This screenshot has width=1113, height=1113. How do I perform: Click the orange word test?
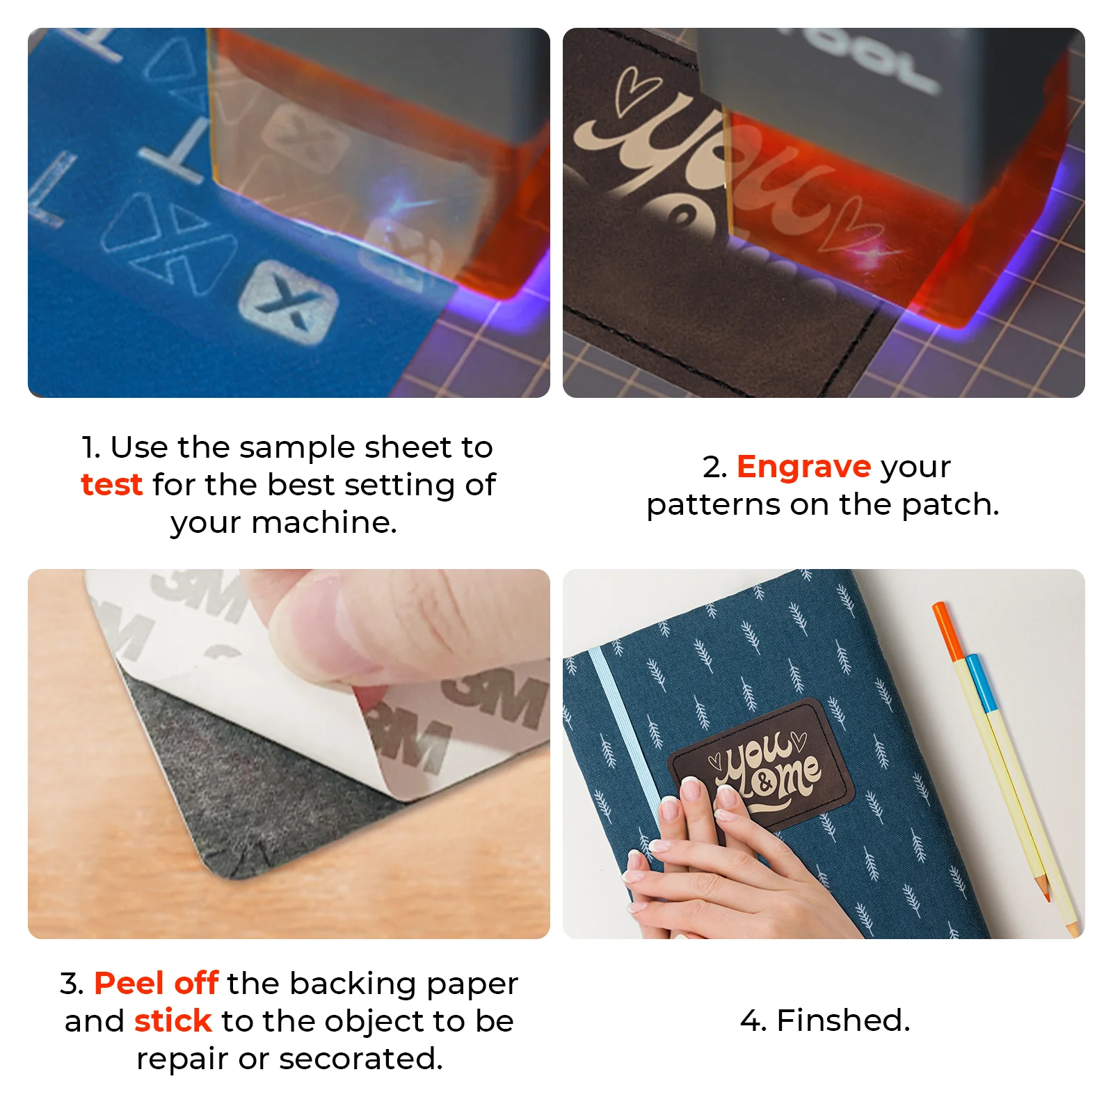click(111, 485)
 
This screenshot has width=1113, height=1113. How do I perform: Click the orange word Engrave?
click(803, 467)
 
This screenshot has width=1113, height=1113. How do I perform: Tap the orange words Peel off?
click(157, 983)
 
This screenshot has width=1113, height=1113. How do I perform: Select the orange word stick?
click(173, 1020)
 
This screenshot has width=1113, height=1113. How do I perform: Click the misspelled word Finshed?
click(843, 1020)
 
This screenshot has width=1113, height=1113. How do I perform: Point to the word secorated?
click(360, 1058)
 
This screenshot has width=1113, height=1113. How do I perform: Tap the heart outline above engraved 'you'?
click(636, 89)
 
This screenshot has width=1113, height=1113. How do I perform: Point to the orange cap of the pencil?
click(947, 630)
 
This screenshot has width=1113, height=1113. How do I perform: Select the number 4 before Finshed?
click(751, 1020)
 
